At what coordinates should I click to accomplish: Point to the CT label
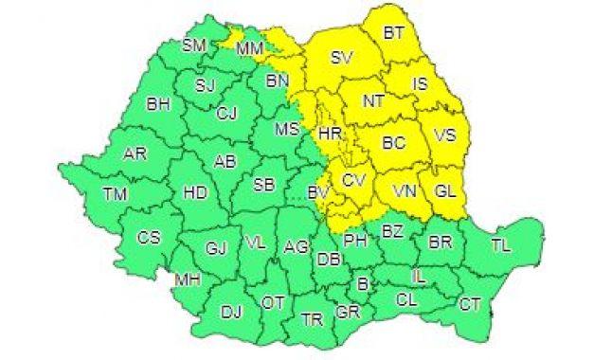[x=469, y=304]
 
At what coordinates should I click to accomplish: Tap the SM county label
[x=195, y=45]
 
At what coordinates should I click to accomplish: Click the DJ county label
[x=230, y=310]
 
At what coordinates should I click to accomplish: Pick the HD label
[x=195, y=192]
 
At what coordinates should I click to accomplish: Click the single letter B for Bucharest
[x=361, y=283]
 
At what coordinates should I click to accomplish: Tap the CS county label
[x=150, y=238]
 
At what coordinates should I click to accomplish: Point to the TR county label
[x=312, y=320]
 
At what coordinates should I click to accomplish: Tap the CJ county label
[x=225, y=114]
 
